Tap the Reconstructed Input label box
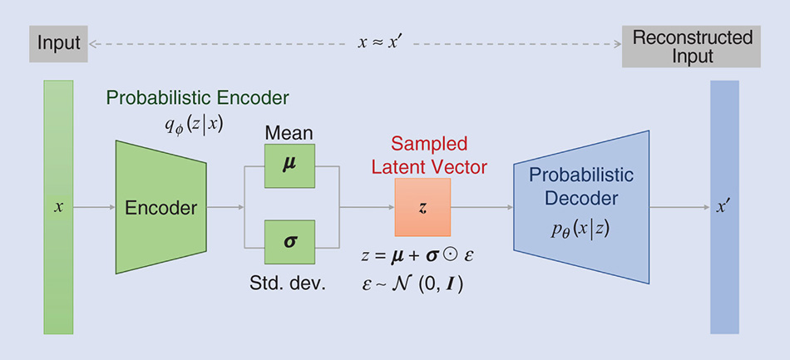(x=692, y=47)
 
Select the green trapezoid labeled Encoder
(x=160, y=207)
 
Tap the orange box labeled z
(x=422, y=207)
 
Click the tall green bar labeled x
(x=58, y=207)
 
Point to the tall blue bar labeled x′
(x=724, y=207)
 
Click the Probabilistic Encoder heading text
(x=197, y=98)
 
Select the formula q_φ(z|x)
(x=194, y=124)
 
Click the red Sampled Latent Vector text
(x=429, y=155)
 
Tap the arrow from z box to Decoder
(x=482, y=207)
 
